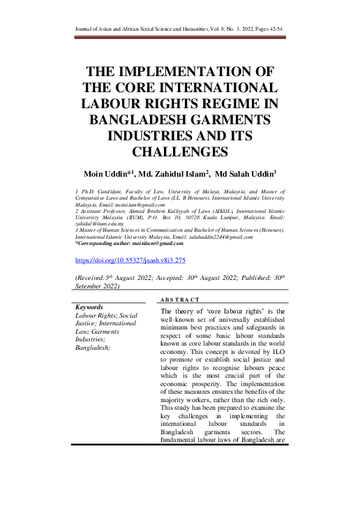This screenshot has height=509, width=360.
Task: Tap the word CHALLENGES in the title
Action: tap(179, 151)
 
